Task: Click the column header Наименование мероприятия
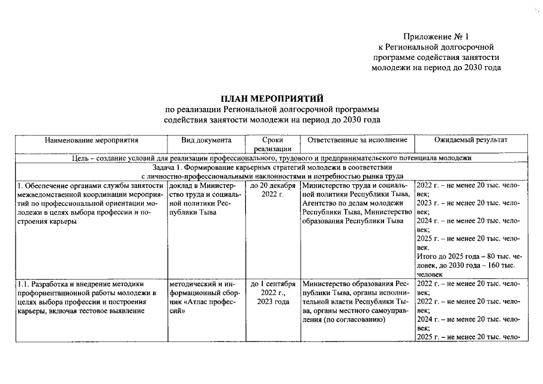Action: [x=91, y=140]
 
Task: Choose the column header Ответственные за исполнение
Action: [x=357, y=140]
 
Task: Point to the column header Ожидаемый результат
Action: [x=470, y=140]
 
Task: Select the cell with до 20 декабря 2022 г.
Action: [x=272, y=190]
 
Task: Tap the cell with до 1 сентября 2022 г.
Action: [x=272, y=292]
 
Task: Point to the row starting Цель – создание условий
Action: [x=272, y=157]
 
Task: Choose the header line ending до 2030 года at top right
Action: [x=436, y=68]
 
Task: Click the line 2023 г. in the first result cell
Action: [x=464, y=203]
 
